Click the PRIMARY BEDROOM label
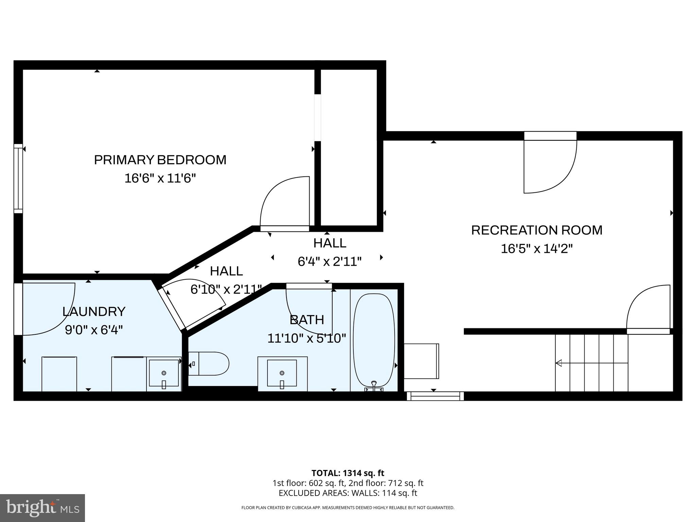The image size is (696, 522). [x=160, y=160]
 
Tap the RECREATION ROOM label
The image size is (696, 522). [x=537, y=230]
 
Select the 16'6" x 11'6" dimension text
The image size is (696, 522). [x=160, y=178]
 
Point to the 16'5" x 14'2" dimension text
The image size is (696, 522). [x=537, y=249]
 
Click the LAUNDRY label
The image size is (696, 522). [x=94, y=311]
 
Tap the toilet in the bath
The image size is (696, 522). [x=208, y=364]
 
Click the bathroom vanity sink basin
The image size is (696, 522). [x=282, y=373]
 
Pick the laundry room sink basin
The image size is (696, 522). [x=164, y=373]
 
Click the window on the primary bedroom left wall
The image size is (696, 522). [x=18, y=179]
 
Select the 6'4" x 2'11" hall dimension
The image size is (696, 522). [x=329, y=261]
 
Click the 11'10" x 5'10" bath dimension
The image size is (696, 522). [x=307, y=338]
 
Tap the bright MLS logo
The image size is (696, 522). [x=42, y=508]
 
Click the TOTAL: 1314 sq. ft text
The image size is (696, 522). [x=348, y=473]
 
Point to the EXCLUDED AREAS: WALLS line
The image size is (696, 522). [x=348, y=493]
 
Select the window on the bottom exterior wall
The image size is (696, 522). [x=435, y=396]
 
